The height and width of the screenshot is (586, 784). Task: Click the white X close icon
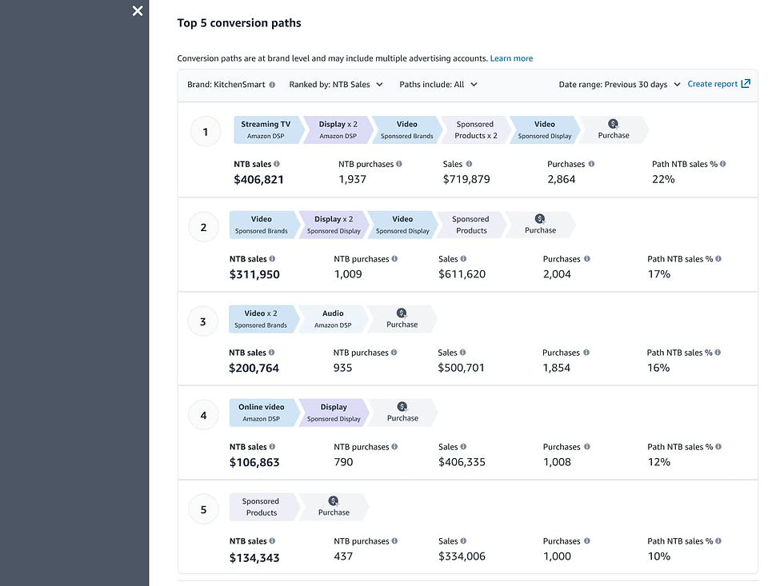(138, 10)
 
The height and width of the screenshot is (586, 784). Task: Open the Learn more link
(511, 58)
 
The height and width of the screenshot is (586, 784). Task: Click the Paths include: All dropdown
(438, 84)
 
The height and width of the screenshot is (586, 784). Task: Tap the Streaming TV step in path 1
(266, 130)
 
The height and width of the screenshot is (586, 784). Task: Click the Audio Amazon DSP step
(333, 319)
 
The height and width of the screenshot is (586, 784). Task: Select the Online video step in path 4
(262, 413)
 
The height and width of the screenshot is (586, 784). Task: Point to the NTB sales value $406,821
(258, 180)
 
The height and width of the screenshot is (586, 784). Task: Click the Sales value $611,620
(463, 274)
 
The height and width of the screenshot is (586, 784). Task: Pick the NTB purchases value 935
(342, 368)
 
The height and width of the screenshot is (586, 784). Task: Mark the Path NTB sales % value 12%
(659, 462)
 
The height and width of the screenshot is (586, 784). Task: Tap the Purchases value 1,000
(558, 556)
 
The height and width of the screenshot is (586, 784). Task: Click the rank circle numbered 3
(202, 321)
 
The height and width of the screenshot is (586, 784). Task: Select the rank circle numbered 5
(203, 509)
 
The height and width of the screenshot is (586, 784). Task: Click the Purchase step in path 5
(334, 507)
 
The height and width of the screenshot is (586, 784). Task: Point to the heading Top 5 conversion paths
(239, 23)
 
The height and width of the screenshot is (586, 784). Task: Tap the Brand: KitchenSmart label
(226, 84)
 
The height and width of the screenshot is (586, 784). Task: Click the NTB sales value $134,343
(254, 557)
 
